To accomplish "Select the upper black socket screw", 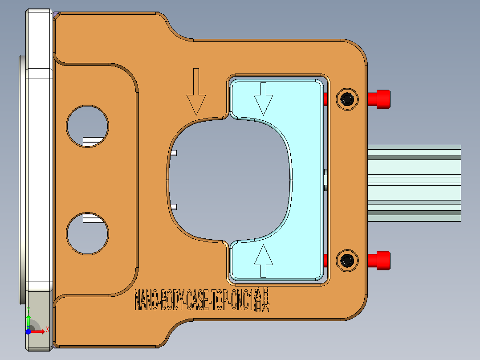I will pyautogui.click(x=347, y=99).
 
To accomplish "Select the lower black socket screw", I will pyautogui.click(x=347, y=261).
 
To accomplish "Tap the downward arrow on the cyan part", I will pyautogui.click(x=263, y=98).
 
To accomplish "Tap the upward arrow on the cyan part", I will pyautogui.click(x=263, y=261).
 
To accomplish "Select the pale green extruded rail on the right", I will pyautogui.click(x=414, y=183).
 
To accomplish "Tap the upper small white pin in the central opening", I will pyautogui.click(x=175, y=153).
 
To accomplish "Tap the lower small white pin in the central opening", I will pyautogui.click(x=175, y=207).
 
